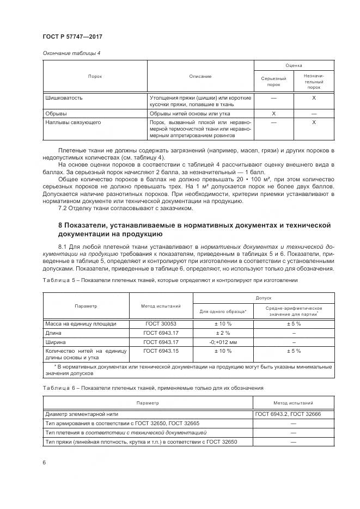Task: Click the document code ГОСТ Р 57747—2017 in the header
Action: click(72, 36)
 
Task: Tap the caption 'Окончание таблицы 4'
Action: click(71, 53)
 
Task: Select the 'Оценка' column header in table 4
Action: click(294, 65)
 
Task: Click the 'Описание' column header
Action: click(200, 76)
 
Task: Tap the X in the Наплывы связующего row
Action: click(314, 123)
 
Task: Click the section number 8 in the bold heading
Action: click(60, 225)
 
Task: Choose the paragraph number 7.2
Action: click(63, 208)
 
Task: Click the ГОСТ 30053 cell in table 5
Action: click(161, 323)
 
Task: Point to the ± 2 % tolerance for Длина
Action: click(223, 333)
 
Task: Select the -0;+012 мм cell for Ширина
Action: click(223, 342)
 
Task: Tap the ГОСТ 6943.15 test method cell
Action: click(161, 351)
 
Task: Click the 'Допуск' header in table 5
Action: click(263, 298)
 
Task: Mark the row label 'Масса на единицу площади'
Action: click(80, 323)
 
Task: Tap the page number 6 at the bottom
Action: click(44, 462)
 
